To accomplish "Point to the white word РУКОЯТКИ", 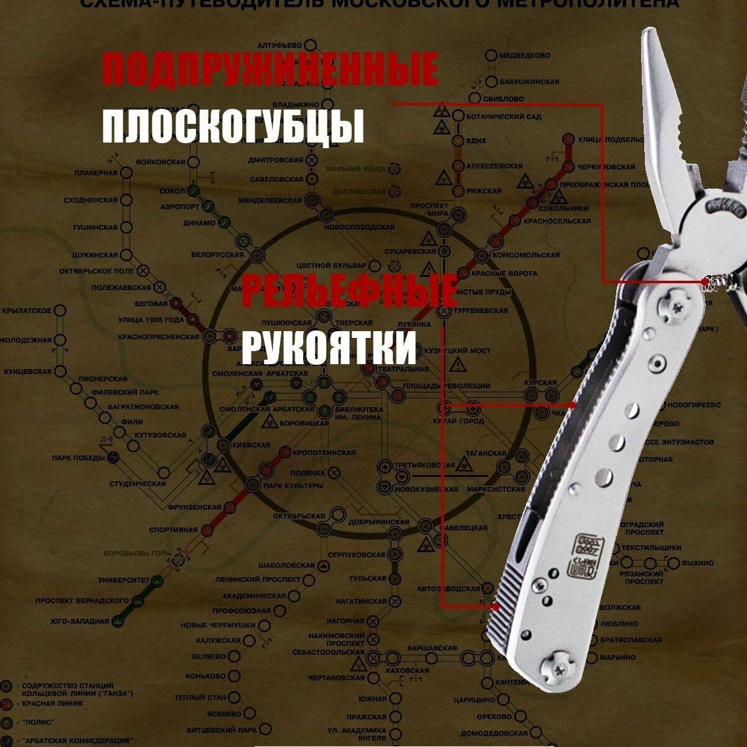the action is (x=328, y=347).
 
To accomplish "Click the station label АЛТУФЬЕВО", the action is (x=280, y=45).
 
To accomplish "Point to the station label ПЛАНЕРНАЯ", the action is (x=96, y=172).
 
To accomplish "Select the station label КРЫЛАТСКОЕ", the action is (x=26, y=310).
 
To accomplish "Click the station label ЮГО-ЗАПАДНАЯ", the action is (x=80, y=621).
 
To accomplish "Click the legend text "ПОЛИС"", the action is (x=39, y=722).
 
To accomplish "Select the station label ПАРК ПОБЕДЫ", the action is (x=79, y=458).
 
